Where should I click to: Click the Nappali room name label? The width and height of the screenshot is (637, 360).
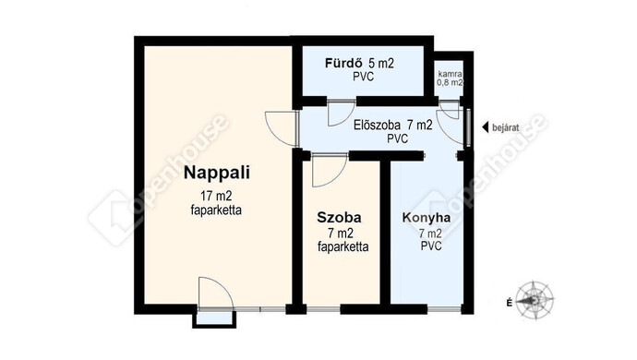[217, 173]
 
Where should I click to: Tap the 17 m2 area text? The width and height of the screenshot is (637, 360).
[216, 197]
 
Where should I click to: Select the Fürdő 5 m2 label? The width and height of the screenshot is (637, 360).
[359, 64]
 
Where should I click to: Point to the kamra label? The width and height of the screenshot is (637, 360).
[450, 75]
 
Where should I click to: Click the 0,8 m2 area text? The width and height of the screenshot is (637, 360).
[450, 82]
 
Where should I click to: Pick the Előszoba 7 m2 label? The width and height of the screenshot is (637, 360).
[393, 126]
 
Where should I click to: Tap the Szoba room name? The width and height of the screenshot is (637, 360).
[339, 217]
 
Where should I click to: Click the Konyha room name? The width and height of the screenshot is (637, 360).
[427, 218]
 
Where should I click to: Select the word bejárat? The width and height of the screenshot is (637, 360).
[505, 127]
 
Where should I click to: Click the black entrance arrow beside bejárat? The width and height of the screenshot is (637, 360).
[485, 127]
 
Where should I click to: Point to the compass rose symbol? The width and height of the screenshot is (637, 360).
[535, 300]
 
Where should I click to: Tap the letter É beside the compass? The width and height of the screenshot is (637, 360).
[509, 302]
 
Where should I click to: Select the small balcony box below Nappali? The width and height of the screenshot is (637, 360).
[214, 319]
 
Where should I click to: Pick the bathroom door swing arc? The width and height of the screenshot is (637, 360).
[346, 119]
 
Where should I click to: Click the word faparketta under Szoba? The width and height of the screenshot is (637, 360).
[343, 246]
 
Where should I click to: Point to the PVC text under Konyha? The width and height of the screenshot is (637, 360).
[431, 246]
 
